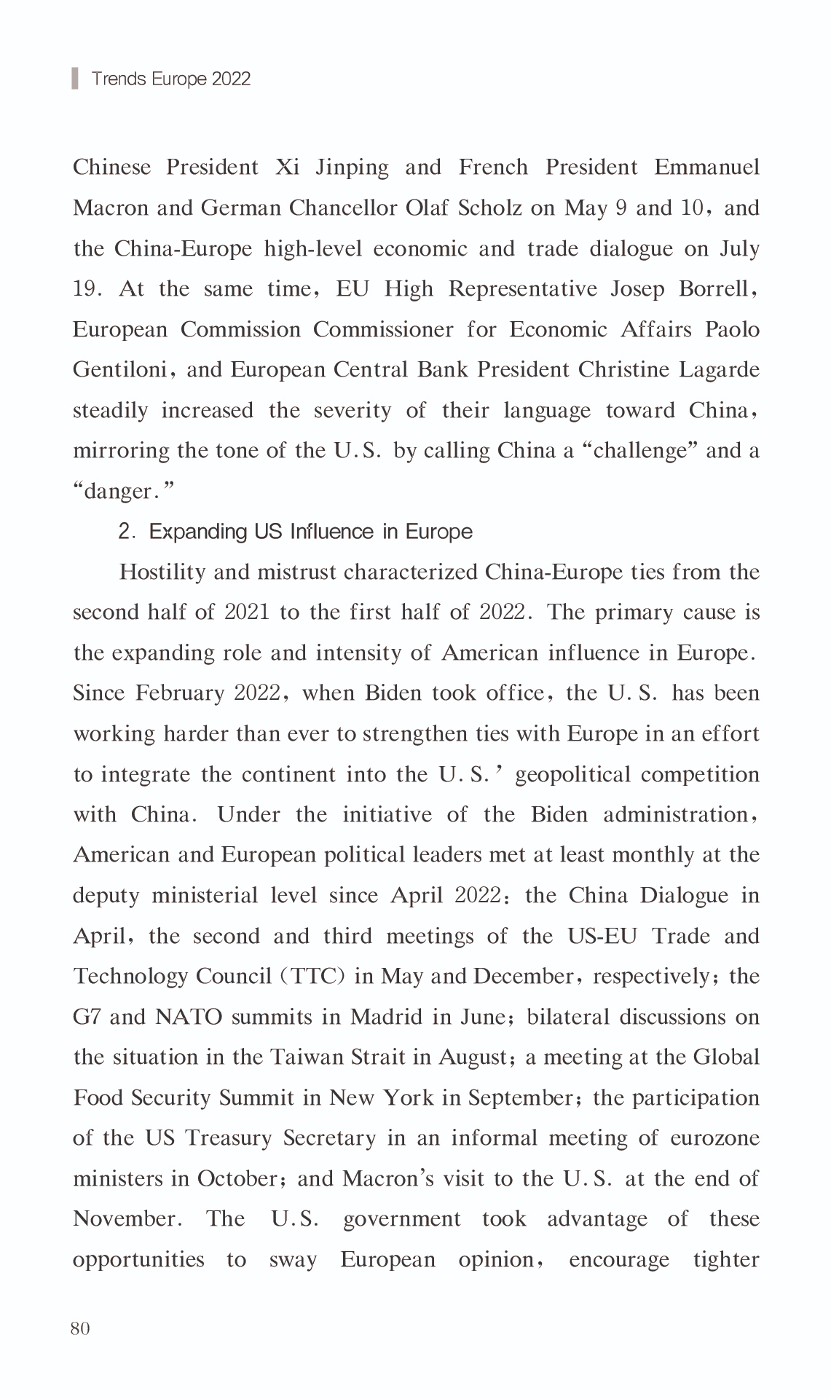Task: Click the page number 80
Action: [x=80, y=1328]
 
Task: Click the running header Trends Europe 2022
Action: [x=171, y=79]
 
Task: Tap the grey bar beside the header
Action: [x=74, y=78]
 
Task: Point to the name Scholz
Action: [x=489, y=208]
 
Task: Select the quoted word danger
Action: [x=124, y=492]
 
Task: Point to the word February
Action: [x=180, y=693]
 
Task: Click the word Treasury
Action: [x=228, y=1138]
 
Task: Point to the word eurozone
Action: [x=717, y=1138]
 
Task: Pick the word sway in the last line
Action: [x=293, y=1260]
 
